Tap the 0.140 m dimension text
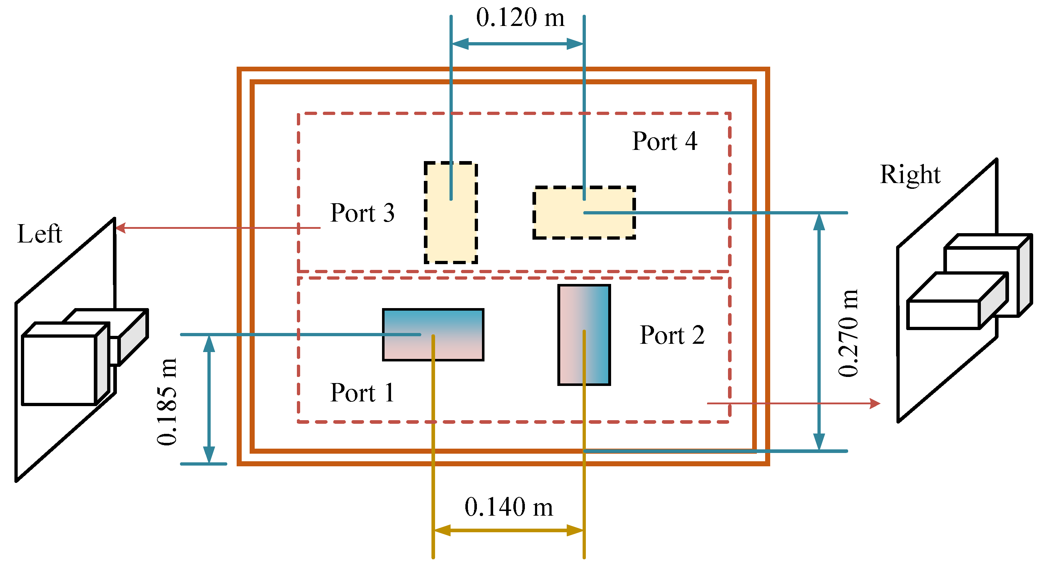click(x=509, y=507)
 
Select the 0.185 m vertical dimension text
click(x=167, y=402)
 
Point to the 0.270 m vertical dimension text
click(x=848, y=333)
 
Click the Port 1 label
click(x=362, y=392)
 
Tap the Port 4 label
click(x=664, y=141)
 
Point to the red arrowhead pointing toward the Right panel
click(x=876, y=403)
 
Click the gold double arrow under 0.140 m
click(x=509, y=530)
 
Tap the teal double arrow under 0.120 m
click(x=517, y=44)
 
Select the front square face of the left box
click(x=59, y=370)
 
